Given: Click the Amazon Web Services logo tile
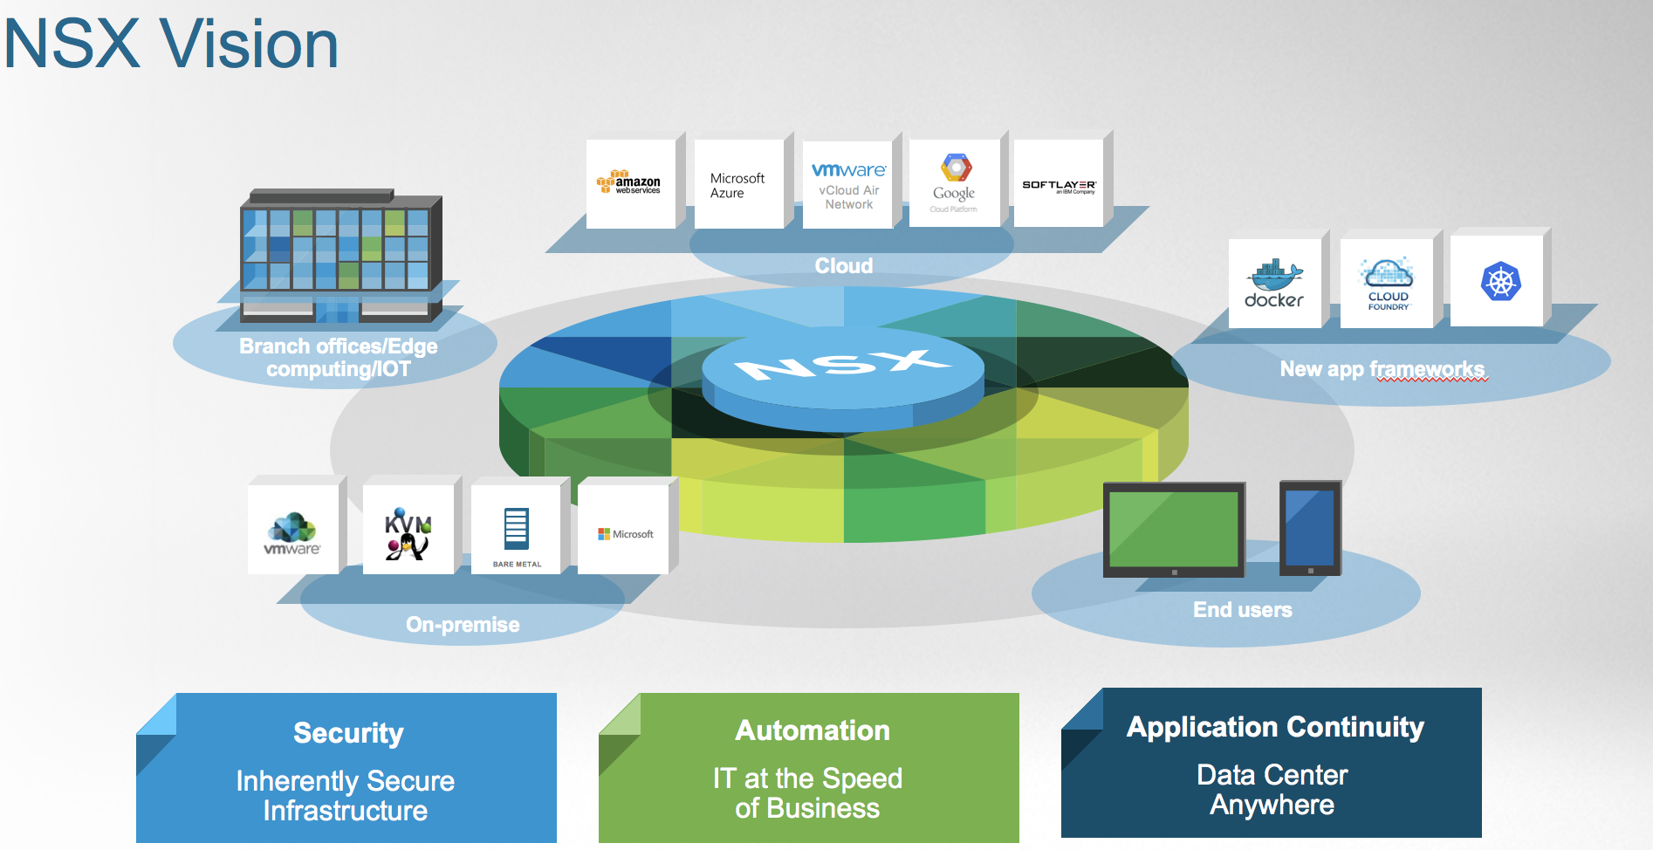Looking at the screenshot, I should click(630, 183).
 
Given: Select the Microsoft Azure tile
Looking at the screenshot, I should click(738, 185).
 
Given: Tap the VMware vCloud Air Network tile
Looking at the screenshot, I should click(848, 185).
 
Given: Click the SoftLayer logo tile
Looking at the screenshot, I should click(1059, 185).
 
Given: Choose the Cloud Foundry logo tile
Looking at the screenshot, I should click(1388, 284).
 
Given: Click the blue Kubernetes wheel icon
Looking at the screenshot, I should click(1500, 282).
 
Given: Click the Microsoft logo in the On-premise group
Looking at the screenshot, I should click(625, 534).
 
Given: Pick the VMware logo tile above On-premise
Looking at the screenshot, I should click(292, 532).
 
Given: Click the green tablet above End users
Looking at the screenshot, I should click(1174, 530).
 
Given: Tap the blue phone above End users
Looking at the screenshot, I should click(1310, 528).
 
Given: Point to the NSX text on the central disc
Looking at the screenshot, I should click(842, 365).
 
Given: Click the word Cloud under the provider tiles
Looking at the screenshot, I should click(844, 266).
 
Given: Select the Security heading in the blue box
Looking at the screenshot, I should click(348, 733).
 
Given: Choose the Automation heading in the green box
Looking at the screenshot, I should click(813, 730).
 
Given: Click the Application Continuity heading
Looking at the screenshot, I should click(1275, 727).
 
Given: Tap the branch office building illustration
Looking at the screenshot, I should click(341, 255).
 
